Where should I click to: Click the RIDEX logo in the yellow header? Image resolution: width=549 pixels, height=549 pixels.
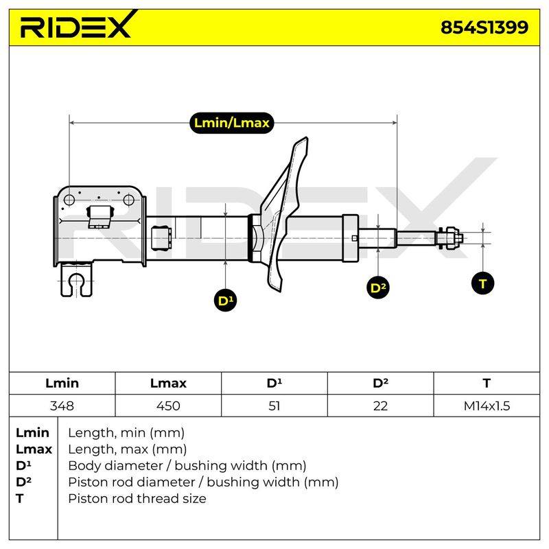tap(78, 25)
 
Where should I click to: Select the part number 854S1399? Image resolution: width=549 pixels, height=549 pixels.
tap(484, 27)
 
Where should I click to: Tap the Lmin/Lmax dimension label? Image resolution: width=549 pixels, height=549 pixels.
tap(231, 123)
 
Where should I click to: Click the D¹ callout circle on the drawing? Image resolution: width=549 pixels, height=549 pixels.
tap(225, 301)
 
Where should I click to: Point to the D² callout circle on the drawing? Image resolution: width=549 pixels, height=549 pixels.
tap(378, 288)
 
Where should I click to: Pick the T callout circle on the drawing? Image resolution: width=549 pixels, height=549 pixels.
tap(483, 283)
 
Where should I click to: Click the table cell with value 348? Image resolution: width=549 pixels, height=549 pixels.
tap(62, 406)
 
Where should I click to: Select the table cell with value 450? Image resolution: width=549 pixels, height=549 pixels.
tap(168, 406)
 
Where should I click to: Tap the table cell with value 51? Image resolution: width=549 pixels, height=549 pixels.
tap(274, 406)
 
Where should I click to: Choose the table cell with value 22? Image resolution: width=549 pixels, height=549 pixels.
tap(380, 406)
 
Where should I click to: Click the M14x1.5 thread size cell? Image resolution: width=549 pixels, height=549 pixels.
tap(487, 406)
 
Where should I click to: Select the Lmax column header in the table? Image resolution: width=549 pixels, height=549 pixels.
tap(168, 383)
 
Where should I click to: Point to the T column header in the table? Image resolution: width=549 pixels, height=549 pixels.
tap(487, 383)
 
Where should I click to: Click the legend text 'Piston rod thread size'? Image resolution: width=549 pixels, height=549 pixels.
tap(137, 498)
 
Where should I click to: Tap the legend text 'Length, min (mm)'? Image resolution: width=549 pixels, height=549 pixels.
tap(126, 433)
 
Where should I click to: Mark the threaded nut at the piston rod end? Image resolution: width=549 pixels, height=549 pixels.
tap(450, 238)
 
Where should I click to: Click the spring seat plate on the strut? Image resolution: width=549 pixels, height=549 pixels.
tap(283, 213)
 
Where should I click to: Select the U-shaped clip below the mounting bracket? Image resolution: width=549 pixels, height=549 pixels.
tap(76, 279)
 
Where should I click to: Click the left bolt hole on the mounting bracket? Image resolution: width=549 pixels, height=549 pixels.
tap(69, 200)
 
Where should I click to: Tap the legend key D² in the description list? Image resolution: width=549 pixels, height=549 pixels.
tap(23, 482)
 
